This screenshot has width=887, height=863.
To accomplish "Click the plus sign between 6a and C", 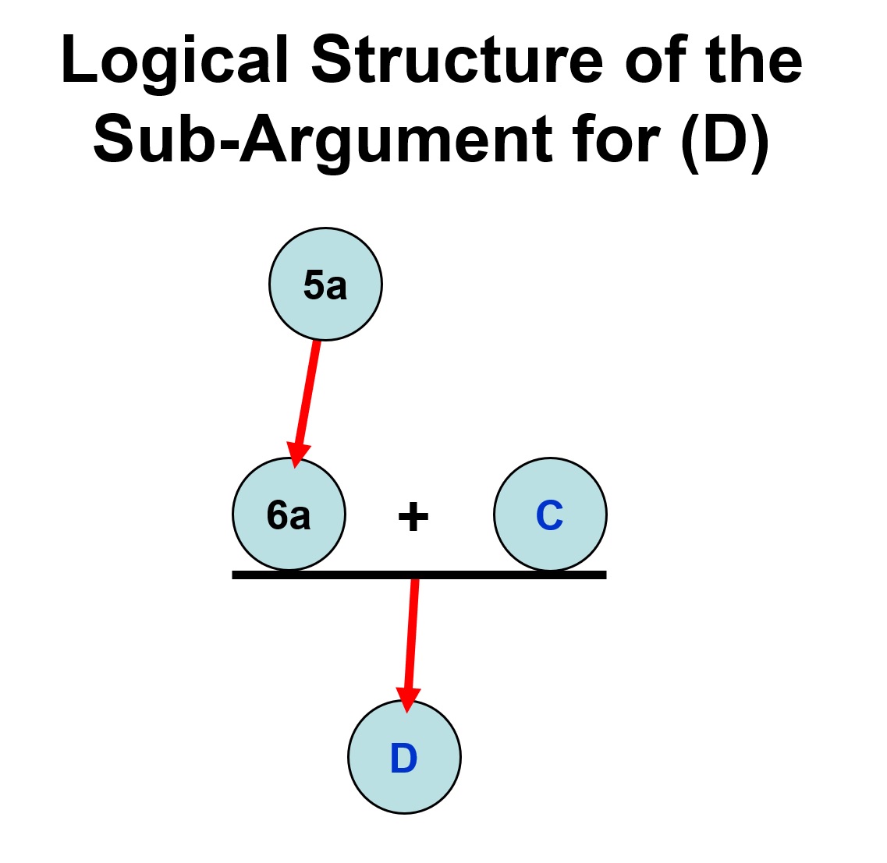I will pos(413,516).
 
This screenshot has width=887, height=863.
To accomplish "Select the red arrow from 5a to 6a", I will pos(307,394).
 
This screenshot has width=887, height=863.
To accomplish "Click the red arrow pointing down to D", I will pos(411,631).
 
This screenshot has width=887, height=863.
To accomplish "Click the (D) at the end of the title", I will pos(726,140).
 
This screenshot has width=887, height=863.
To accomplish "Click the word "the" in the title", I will pos(754,61).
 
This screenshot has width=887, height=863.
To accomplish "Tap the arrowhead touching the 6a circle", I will pos(296,454).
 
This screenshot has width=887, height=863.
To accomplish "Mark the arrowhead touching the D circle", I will pos(406,699).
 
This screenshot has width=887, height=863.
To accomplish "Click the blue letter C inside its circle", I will pos(550,515).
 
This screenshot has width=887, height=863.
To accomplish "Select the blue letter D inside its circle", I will pos(404,758).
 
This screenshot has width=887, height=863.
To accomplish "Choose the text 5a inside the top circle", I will pos(325,285).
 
